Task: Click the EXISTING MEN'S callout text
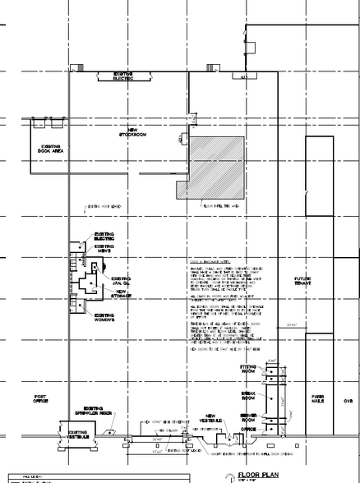(x=104, y=248)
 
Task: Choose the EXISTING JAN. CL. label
(x=122, y=281)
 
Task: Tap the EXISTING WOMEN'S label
(x=104, y=316)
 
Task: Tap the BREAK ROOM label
(x=249, y=393)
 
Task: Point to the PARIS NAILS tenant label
(x=318, y=399)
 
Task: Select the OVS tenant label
(x=347, y=402)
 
